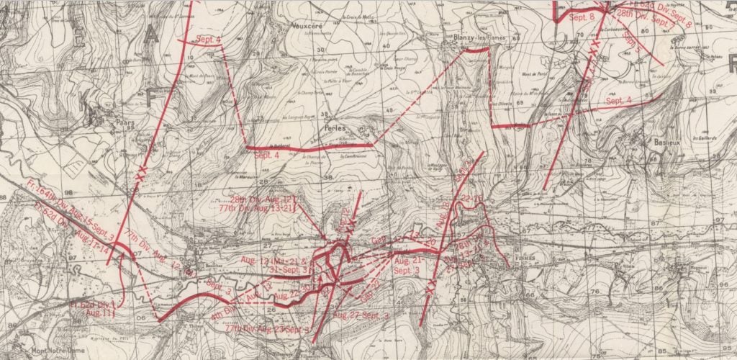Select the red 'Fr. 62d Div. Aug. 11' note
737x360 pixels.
[94, 310]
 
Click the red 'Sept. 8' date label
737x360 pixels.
[581, 16]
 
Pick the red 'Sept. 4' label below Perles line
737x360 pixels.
[266, 156]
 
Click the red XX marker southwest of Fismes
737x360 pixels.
[431, 287]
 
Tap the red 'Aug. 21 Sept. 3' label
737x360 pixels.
[408, 264]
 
